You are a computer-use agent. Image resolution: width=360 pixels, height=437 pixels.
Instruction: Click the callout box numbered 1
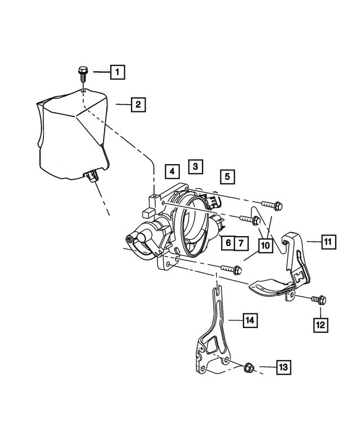pyautogui.click(x=117, y=72)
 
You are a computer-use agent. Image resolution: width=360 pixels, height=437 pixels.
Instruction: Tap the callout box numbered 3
pyautogui.click(x=195, y=166)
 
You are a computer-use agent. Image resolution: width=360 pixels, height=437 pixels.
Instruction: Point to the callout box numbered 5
pyautogui.click(x=227, y=177)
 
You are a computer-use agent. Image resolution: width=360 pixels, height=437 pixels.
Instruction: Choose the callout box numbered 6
pyautogui.click(x=227, y=244)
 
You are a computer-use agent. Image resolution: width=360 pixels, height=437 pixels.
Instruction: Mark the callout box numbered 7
pyautogui.click(x=241, y=244)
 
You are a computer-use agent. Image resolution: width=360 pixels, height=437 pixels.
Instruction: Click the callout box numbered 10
pyautogui.click(x=264, y=246)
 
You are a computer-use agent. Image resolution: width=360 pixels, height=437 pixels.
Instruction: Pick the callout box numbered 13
pyautogui.click(x=283, y=368)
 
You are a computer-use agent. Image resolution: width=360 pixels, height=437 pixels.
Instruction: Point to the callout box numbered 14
pyautogui.click(x=250, y=321)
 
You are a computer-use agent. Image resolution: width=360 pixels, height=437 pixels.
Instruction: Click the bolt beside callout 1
pyautogui.click(x=82, y=74)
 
